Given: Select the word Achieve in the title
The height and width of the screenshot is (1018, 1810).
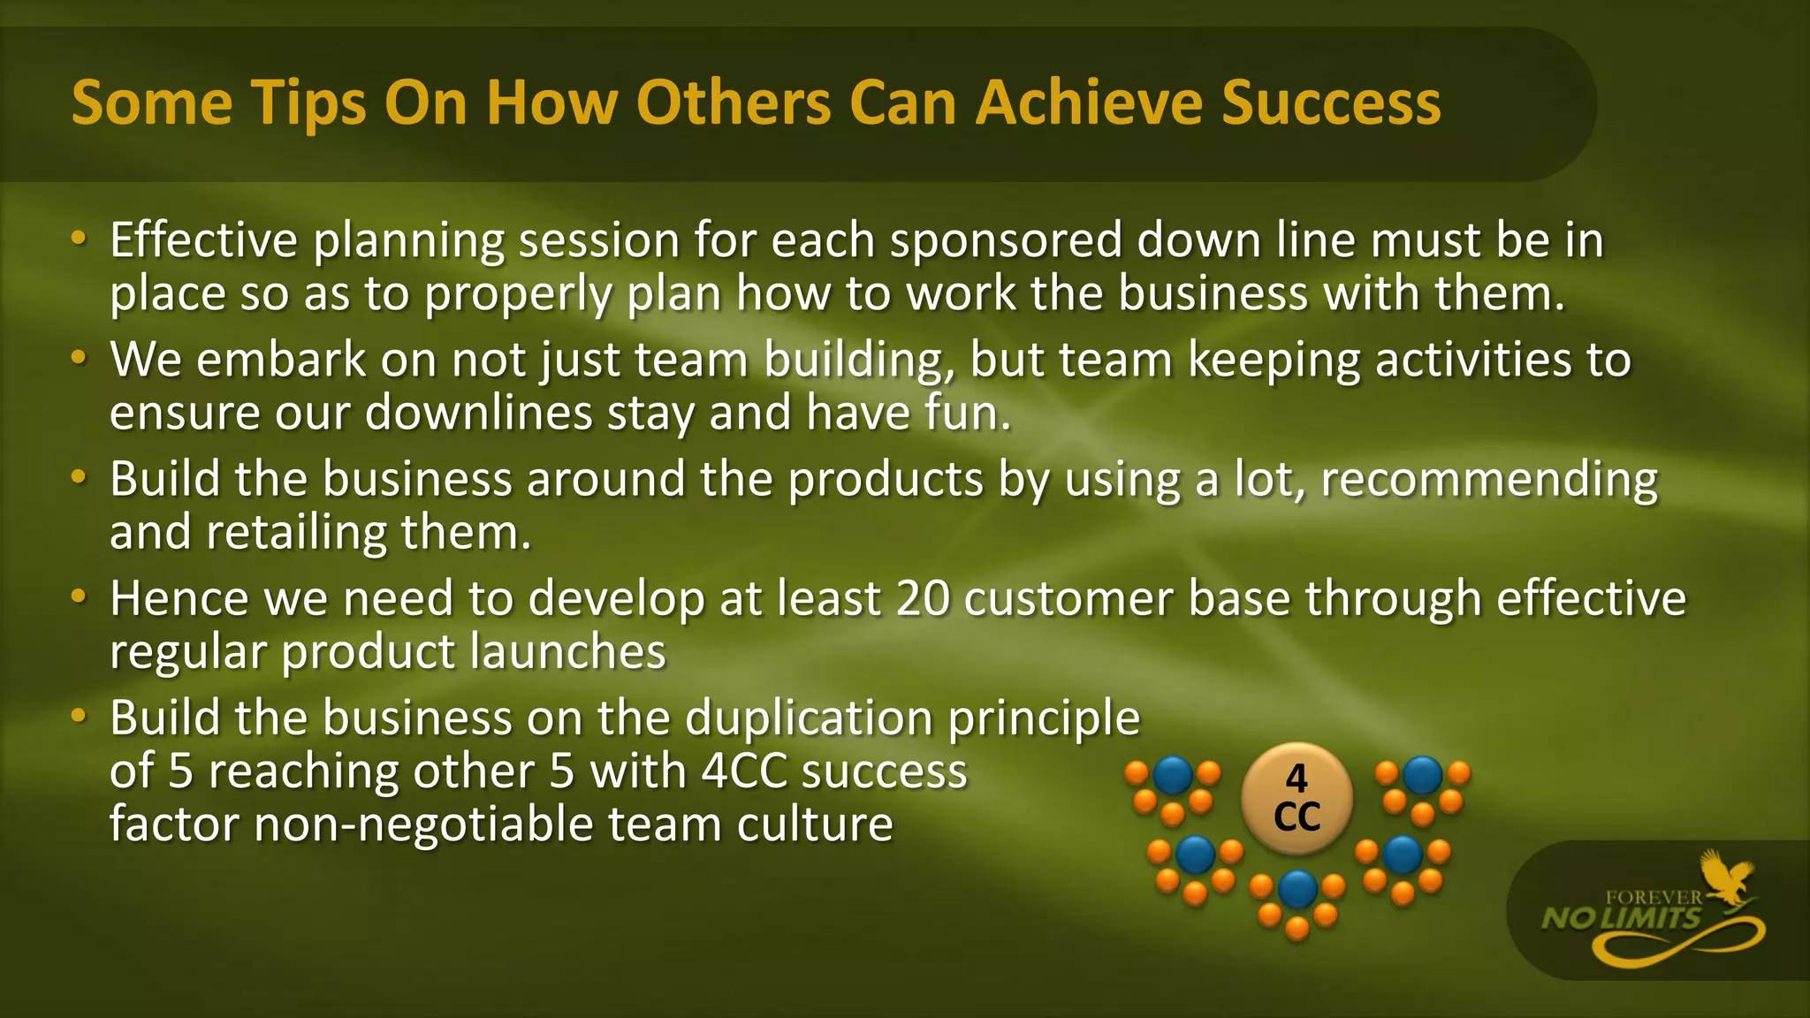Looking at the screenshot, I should pyautogui.click(x=1090, y=103).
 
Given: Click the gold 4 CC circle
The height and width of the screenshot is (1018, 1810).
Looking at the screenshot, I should pyautogui.click(x=1297, y=798).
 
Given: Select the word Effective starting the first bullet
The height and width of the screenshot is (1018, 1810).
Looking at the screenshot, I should pyautogui.click(x=203, y=240).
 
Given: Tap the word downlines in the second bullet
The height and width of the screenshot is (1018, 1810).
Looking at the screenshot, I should pyautogui.click(x=478, y=413).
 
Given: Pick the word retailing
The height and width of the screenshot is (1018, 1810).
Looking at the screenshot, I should pyautogui.click(x=295, y=533).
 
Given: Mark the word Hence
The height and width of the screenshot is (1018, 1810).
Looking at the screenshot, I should pyautogui.click(x=179, y=598).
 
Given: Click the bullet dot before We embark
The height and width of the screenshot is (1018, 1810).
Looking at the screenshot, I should pyautogui.click(x=79, y=358).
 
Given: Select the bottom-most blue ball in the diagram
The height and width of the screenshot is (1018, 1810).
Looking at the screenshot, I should pyautogui.click(x=1297, y=889).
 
